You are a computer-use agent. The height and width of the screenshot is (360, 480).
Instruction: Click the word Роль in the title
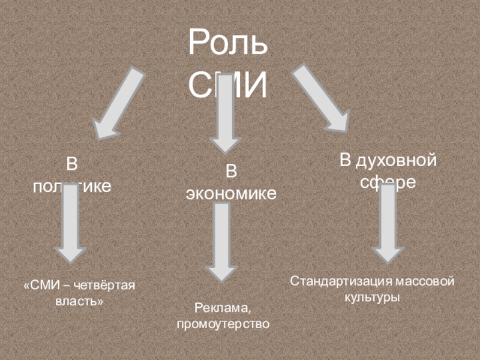pyautogui.click(x=227, y=44)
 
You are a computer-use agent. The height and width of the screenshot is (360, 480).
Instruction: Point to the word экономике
pyautogui.click(x=231, y=193)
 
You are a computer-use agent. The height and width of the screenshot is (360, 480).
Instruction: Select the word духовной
pyautogui.click(x=396, y=161)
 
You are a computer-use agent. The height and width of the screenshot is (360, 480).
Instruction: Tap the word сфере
pyautogui.click(x=388, y=182)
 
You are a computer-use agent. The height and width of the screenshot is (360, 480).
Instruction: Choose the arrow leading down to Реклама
pyautogui.click(x=222, y=240)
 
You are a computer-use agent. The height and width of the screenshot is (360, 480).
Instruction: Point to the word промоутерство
pyautogui.click(x=223, y=324)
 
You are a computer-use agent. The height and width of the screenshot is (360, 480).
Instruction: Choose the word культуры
pyautogui.click(x=372, y=296)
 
